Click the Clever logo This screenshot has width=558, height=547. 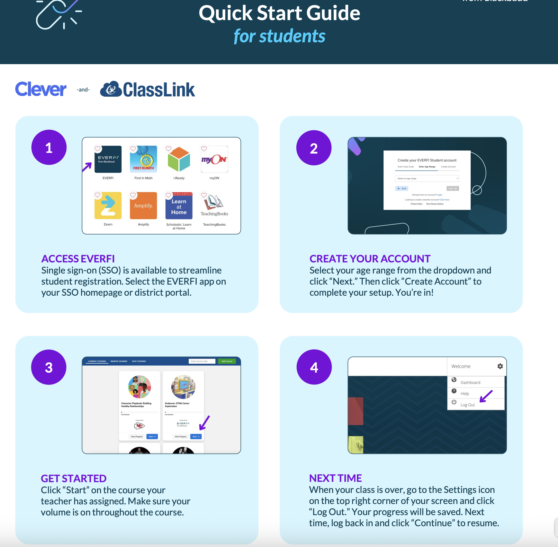click(40, 89)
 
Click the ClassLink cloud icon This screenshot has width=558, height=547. click(111, 89)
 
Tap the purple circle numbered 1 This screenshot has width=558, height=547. click(49, 148)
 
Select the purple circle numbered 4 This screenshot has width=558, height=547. click(314, 367)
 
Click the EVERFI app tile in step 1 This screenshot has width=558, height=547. click(108, 159)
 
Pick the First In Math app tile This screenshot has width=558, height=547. click(143, 159)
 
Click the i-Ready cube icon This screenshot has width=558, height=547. click(179, 159)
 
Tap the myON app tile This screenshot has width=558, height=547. click(214, 159)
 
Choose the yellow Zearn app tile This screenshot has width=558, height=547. click(108, 206)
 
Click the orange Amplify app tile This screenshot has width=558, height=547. click(143, 206)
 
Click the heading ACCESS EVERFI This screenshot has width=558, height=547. click(78, 259)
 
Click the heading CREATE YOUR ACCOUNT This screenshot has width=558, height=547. click(370, 259)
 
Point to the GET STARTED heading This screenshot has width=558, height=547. click(73, 478)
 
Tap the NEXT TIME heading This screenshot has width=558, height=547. click(335, 478)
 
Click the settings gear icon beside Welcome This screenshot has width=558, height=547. click(500, 366)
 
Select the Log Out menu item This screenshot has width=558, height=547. click(467, 405)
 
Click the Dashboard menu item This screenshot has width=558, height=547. click(470, 382)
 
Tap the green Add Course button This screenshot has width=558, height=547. click(227, 361)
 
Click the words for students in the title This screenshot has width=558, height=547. click(279, 36)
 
